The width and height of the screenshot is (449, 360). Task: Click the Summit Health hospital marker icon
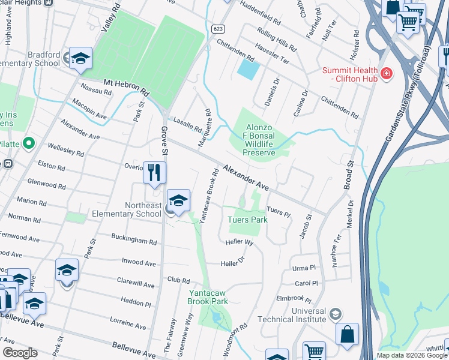coord(387,74)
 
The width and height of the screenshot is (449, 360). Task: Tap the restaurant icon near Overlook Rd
coord(154,172)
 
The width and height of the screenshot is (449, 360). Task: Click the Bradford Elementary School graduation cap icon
coord(80,58)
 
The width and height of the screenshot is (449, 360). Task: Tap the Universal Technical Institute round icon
coord(336,314)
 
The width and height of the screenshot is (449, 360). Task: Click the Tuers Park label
coord(247,220)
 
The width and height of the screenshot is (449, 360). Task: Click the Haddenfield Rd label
coord(260,12)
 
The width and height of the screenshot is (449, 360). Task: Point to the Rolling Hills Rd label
coord(277,38)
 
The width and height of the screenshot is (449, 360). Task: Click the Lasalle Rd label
coord(187,124)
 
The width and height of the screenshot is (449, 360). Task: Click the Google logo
coord(20,353)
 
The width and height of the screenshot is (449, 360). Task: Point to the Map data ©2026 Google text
coord(411,355)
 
